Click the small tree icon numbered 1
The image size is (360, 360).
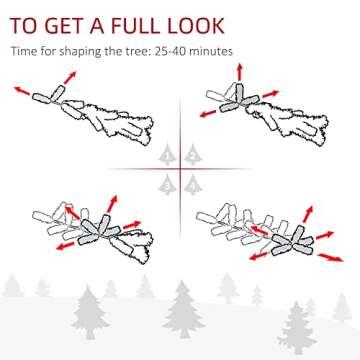tap(169, 155)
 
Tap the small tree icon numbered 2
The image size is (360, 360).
tap(192, 155)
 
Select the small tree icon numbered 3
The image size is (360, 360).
tap(169, 183)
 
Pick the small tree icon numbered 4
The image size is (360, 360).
tap(192, 183)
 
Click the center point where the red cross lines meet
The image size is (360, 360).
tap(181, 169)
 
